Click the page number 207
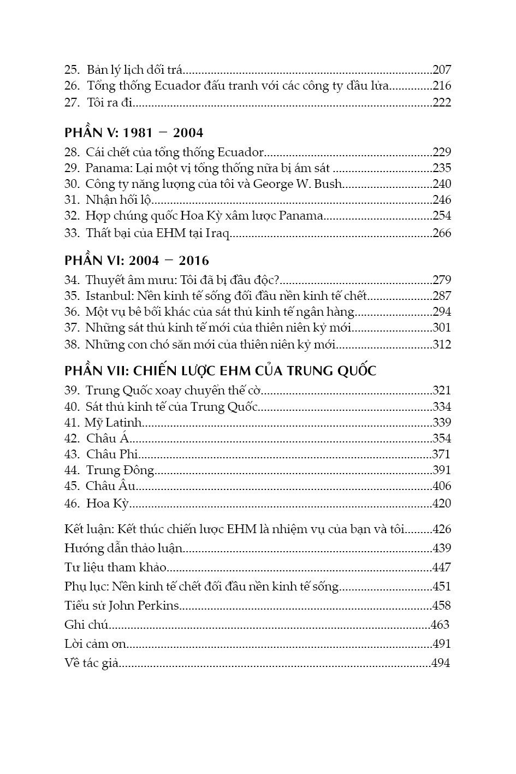click(x=441, y=69)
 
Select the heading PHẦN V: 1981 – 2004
click(x=134, y=133)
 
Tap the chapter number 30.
click(x=72, y=184)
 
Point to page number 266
click(x=441, y=233)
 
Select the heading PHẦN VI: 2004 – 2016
click(x=137, y=261)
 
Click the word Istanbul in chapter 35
click(x=105, y=297)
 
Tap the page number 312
click(x=441, y=345)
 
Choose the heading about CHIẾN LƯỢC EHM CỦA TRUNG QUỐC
click(x=221, y=371)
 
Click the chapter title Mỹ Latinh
click(x=114, y=422)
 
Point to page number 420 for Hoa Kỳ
click(x=441, y=504)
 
